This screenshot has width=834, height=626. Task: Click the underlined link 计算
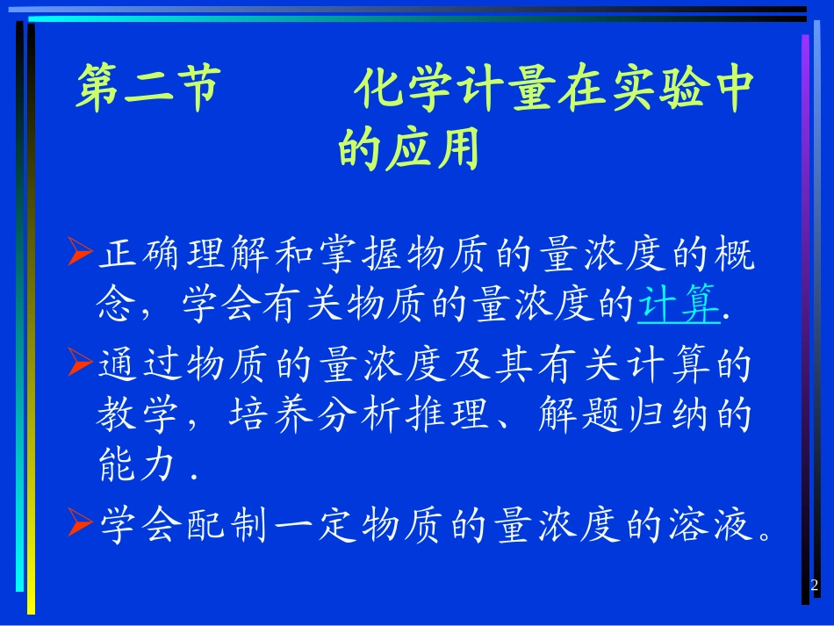point(679,306)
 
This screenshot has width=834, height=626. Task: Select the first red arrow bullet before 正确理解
point(80,255)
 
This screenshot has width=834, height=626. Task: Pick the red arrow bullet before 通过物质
point(80,360)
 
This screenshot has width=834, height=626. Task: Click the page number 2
point(813,585)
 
